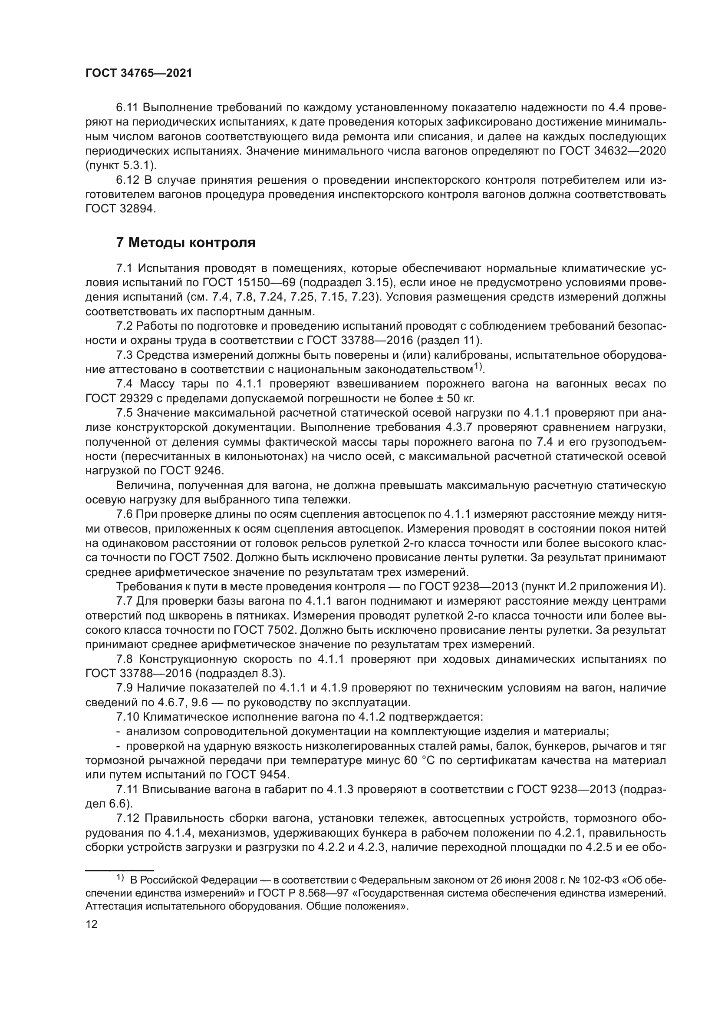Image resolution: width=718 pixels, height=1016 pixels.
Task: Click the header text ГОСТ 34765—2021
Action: pos(138,73)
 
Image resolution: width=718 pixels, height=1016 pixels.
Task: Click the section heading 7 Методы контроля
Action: pos(186,243)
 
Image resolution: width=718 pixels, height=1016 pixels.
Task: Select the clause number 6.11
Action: pos(127,108)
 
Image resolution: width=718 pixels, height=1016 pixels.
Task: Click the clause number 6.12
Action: pos(127,180)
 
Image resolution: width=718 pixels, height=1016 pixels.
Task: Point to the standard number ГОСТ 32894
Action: pos(120,209)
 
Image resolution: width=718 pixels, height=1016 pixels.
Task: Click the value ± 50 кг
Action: pos(454,398)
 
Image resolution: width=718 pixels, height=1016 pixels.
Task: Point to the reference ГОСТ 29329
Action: pos(119,398)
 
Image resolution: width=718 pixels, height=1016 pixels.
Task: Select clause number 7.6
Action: pos(124,514)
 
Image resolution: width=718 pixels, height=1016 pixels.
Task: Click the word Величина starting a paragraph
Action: pos(138,486)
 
